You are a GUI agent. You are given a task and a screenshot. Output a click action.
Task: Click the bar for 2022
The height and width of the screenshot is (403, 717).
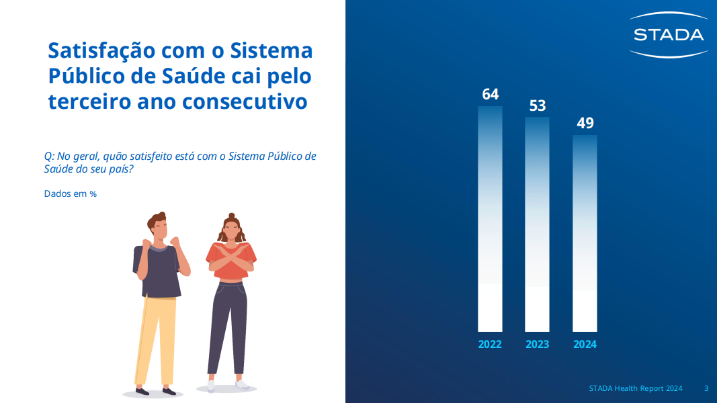click(x=490, y=219)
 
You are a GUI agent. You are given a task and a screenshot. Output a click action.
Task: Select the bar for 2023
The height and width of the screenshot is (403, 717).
click(x=537, y=224)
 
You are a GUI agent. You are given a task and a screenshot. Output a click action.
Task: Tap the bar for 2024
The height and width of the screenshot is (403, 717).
click(x=585, y=233)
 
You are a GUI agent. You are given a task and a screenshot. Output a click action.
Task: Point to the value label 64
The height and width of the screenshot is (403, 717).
click(x=490, y=94)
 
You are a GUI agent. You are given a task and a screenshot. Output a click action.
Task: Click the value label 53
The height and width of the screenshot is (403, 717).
click(x=538, y=105)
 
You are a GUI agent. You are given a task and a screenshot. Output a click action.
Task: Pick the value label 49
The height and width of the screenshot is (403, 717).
click(x=585, y=123)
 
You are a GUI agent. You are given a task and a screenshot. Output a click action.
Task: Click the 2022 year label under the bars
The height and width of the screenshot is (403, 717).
click(x=490, y=344)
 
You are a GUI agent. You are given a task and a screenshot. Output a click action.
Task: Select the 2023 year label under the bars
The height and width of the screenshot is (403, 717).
click(x=538, y=344)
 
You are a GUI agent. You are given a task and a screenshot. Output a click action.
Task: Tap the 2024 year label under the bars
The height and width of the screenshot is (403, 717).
click(x=585, y=344)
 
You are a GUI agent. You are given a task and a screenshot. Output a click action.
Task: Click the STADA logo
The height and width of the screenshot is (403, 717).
click(x=669, y=35)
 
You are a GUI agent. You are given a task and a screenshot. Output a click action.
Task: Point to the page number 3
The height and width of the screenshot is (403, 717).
click(x=706, y=388)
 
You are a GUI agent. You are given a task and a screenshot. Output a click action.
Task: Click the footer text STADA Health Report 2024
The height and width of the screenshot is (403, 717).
click(x=636, y=388)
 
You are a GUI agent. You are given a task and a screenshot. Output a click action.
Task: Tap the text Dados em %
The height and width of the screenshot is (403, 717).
click(x=71, y=193)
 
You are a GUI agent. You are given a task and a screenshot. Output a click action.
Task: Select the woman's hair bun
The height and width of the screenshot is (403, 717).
click(x=231, y=216)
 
